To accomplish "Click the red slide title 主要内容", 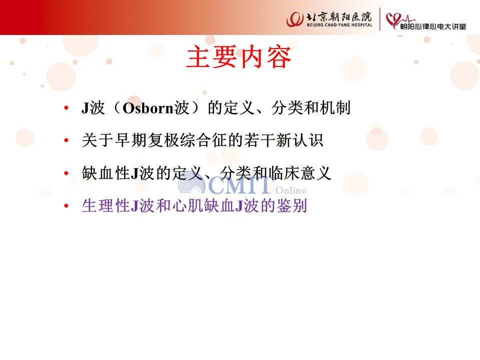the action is tap(238, 57).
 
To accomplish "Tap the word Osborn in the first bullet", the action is tap(148, 108).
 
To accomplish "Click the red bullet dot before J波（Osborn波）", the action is tap(66, 108).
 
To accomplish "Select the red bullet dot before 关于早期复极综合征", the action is tap(66, 140).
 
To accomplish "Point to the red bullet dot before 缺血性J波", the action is tap(66, 173).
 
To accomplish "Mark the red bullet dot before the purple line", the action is tap(66, 205).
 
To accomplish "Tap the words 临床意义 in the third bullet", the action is tap(299, 173).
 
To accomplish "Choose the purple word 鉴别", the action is tap(291, 205).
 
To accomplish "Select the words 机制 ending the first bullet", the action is tap(335, 108).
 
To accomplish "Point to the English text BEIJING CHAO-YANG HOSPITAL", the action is tap(339, 25).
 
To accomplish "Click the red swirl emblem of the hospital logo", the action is tap(295, 19).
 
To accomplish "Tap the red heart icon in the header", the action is tap(393, 20).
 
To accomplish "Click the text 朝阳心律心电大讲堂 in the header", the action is tap(433, 26).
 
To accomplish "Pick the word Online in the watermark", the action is tap(290, 190).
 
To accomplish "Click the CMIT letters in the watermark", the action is tap(240, 185).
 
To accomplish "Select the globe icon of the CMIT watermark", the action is tap(191, 183).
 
